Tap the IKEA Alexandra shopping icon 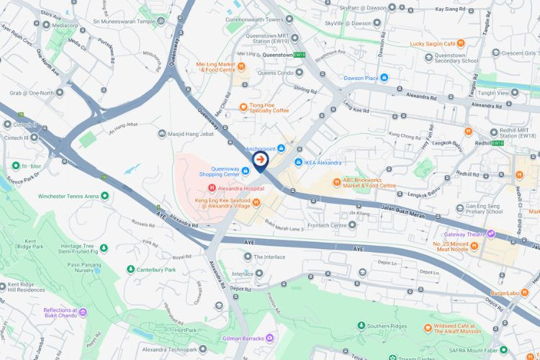(298, 162)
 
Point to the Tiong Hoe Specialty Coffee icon (243, 107)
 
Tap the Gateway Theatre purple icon (490, 233)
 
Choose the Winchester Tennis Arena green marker (104, 196)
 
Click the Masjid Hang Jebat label (191, 133)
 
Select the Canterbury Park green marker (130, 269)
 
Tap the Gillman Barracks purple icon (270, 338)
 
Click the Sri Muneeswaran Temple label (124, 22)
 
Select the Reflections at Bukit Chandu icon (83, 312)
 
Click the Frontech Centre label (328, 225)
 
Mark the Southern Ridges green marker (361, 326)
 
